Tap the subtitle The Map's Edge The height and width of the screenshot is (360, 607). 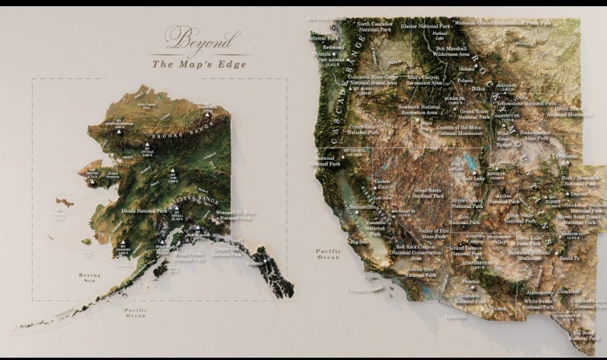pyautogui.click(x=199, y=64)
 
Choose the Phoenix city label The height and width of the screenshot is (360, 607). pyautogui.click(x=470, y=280)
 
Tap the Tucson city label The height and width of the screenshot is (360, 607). pyautogui.click(x=499, y=309)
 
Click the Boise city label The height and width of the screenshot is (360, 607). pyautogui.click(x=425, y=122)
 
